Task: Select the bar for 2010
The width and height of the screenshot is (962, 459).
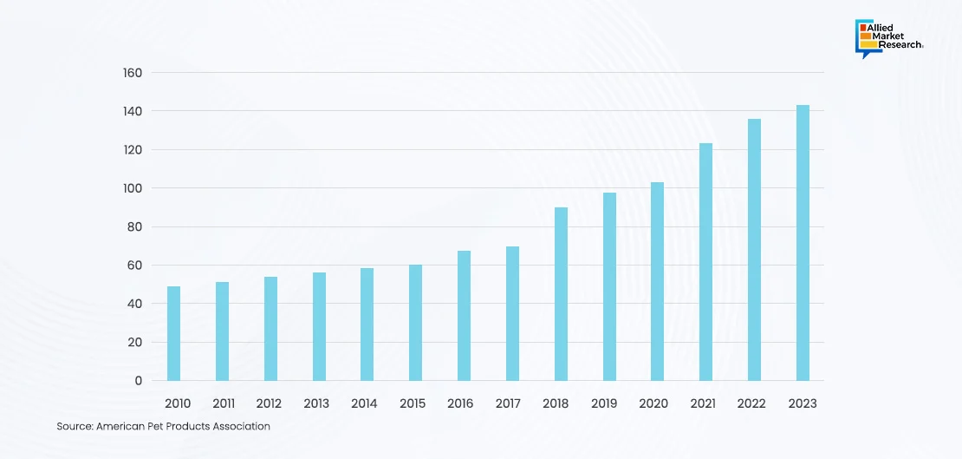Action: pos(173,333)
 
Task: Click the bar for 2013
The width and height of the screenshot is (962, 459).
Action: pos(319,326)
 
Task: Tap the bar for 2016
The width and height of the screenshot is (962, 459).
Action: pos(464,316)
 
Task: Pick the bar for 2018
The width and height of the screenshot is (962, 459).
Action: pos(561,294)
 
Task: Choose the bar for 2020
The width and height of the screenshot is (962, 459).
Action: pos(657,281)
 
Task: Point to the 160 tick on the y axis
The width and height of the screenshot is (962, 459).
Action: pos(132,73)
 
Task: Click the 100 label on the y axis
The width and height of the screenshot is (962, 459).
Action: pos(132,188)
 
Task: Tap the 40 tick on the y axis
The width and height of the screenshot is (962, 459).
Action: pos(134,304)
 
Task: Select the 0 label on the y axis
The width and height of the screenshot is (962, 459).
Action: pos(138,381)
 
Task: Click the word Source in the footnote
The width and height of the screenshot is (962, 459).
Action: pos(75,427)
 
